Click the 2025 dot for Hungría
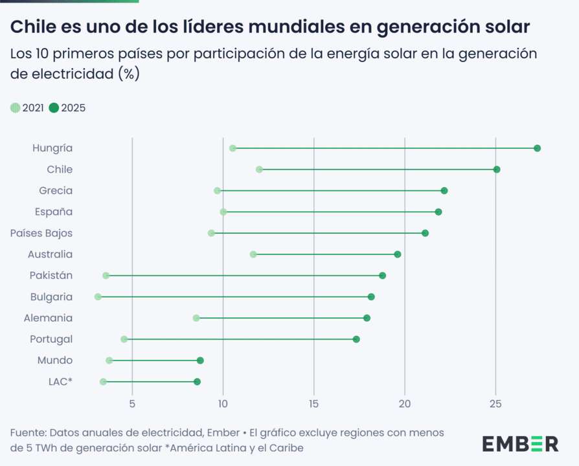click(537, 148)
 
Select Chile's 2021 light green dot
click(259, 170)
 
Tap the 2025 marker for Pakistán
click(382, 276)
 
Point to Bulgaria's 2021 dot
click(98, 297)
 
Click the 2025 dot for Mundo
click(200, 361)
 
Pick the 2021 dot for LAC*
click(103, 382)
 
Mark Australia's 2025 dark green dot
click(398, 254)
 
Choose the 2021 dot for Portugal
click(124, 339)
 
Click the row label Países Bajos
click(41, 233)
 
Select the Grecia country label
click(56, 191)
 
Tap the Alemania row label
click(48, 318)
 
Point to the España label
click(54, 212)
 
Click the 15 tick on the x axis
click(314, 405)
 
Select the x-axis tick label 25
click(495, 405)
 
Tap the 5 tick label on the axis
click(132, 405)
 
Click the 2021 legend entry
click(27, 108)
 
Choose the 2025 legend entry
click(67, 108)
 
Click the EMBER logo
click(519, 444)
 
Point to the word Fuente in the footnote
click(27, 432)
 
